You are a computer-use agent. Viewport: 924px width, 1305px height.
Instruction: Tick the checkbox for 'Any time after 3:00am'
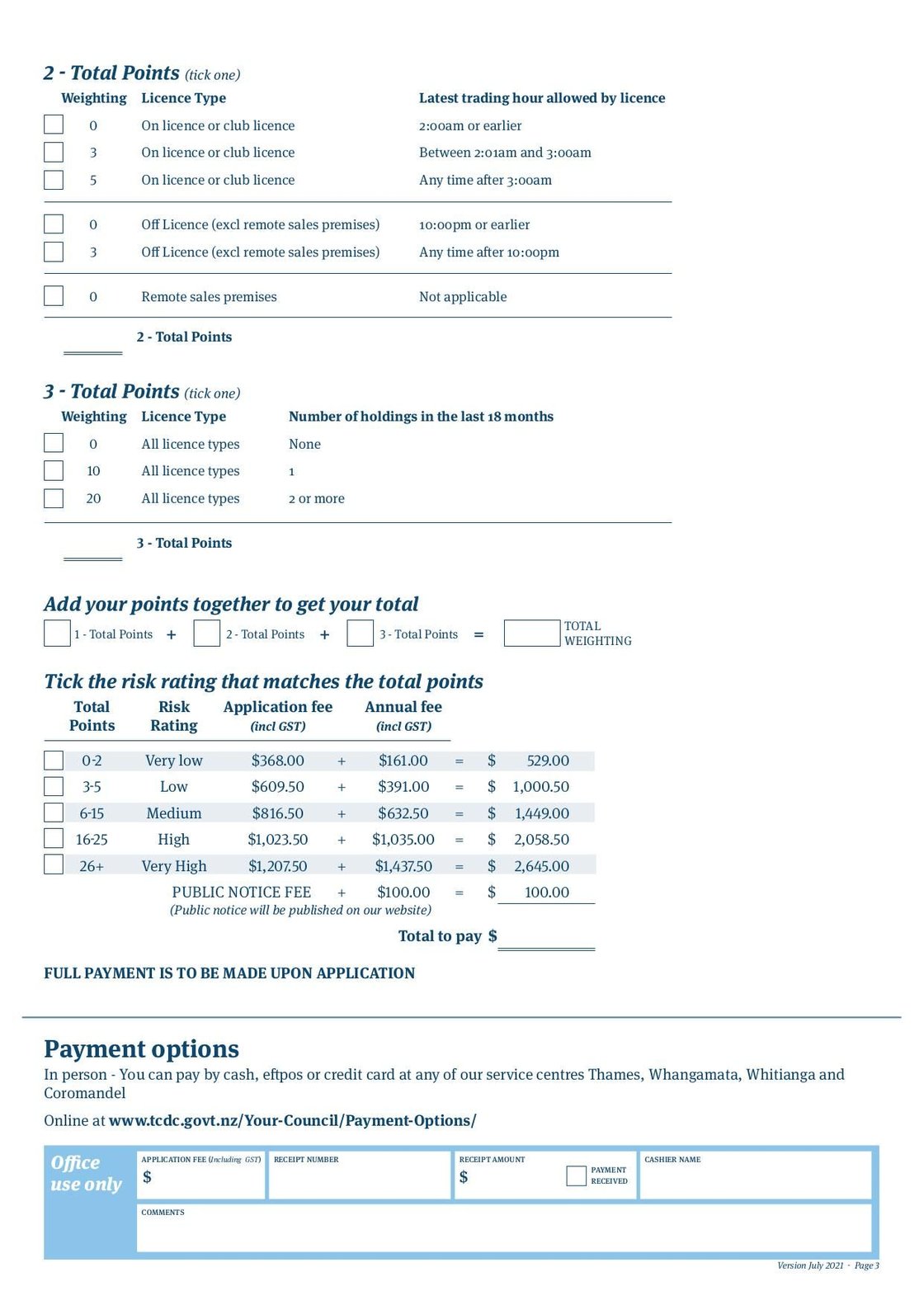pos(54,180)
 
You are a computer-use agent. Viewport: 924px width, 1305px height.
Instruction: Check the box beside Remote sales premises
pos(54,296)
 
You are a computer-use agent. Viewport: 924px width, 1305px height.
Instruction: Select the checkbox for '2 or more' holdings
pos(54,498)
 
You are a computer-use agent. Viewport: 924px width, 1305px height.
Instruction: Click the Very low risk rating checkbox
pos(54,760)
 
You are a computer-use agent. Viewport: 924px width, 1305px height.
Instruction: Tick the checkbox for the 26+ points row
pos(54,865)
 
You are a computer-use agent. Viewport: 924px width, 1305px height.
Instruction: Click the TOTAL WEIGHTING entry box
pos(531,633)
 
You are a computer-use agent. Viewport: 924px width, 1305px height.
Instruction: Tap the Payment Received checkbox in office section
pos(576,1175)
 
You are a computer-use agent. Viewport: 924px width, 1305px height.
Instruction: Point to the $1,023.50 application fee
pos(277,840)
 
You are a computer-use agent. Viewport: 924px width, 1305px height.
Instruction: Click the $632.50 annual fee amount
pos(403,813)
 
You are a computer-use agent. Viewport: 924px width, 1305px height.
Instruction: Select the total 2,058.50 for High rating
pos(541,840)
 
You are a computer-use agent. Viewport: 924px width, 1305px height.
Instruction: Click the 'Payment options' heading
pos(141,1048)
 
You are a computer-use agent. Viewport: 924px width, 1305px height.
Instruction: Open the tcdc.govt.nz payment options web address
pos(292,1120)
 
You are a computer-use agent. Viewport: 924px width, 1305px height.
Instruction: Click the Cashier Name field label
pos(672,1160)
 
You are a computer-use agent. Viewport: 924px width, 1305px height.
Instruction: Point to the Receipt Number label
pos(306,1160)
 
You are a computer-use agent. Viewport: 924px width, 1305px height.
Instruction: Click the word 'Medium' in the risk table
pos(173,813)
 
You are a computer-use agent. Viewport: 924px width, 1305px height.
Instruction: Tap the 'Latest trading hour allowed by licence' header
pos(541,98)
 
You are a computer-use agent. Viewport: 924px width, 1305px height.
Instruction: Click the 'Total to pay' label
pos(440,936)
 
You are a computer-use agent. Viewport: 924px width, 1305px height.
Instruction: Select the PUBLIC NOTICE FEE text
pos(241,893)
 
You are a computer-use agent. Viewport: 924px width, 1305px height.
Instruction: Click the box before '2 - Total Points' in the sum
pos(206,634)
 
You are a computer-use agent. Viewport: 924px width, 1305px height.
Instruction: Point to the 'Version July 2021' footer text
pos(810,1265)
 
